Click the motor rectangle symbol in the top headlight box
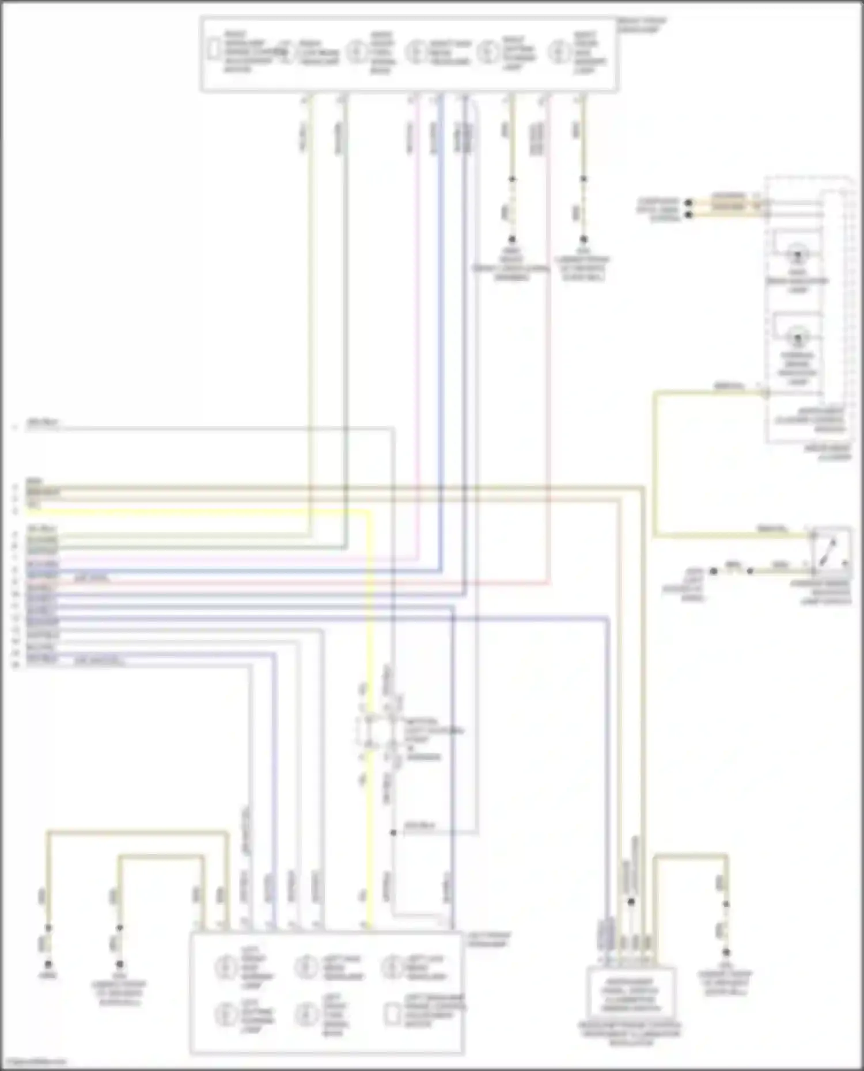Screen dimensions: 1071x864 click(x=214, y=50)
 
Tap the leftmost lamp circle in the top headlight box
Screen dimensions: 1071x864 click(x=355, y=52)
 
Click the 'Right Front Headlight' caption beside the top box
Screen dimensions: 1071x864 click(x=641, y=25)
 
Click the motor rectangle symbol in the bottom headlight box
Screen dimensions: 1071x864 click(x=392, y=1014)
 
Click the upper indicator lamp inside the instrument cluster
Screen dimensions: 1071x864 click(x=797, y=254)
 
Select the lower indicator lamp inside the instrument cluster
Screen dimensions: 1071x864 click(x=797, y=337)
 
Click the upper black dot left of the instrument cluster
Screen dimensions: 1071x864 click(x=688, y=203)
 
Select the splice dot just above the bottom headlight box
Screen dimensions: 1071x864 click(x=393, y=833)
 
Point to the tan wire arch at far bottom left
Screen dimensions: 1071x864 click(x=138, y=833)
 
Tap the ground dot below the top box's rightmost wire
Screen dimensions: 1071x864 click(x=583, y=239)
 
